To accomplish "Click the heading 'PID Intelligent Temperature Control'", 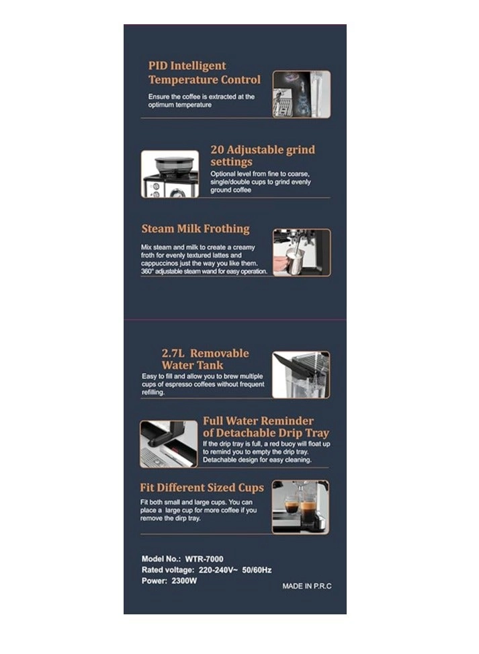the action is [204, 73].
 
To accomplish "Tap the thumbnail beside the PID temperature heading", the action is [302, 94].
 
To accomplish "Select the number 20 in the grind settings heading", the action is [217, 150].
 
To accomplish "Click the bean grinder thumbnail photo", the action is [170, 174].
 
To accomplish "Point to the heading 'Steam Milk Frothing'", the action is [195, 229].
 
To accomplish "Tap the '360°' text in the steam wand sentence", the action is [147, 272].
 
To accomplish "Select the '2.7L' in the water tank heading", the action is [173, 354].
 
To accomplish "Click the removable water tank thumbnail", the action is [300, 374].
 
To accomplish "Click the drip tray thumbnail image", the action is [169, 444].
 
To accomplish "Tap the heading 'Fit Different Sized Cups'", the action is [202, 487].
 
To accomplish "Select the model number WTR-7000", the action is [204, 559].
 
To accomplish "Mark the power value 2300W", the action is [184, 581].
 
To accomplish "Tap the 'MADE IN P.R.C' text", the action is [307, 586].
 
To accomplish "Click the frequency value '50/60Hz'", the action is [257, 570].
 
